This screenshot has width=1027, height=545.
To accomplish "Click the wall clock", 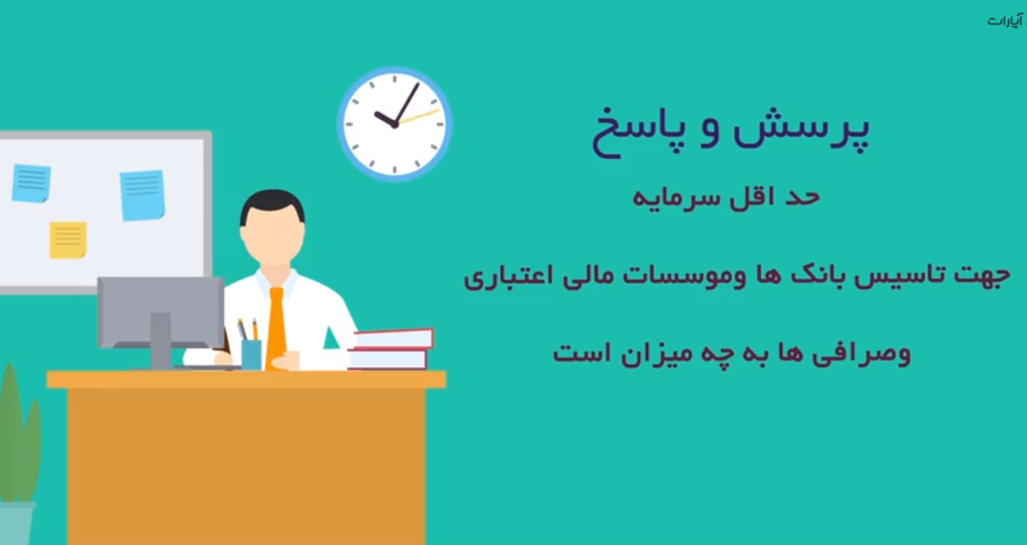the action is coord(394,124).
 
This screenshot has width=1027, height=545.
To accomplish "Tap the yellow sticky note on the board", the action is coord(68,240).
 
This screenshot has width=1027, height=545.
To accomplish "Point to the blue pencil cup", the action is coord(251,355).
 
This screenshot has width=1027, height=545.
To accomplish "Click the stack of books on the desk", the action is coord(390,349).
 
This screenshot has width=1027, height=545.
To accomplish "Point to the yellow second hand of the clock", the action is coord(419,117).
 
